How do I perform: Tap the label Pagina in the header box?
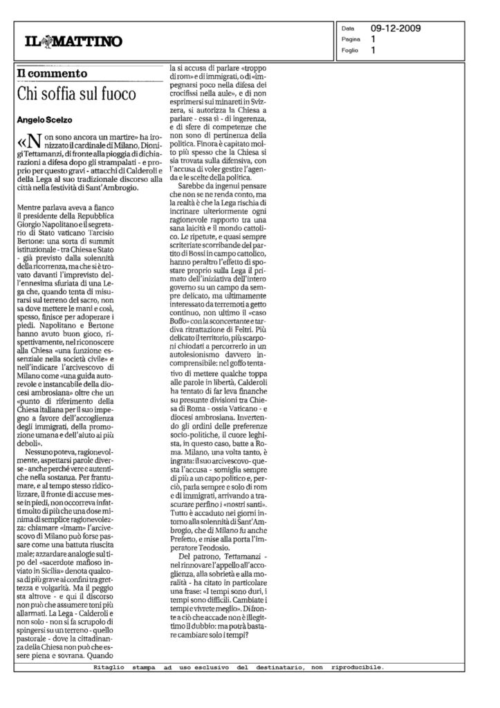tap(351, 40)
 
